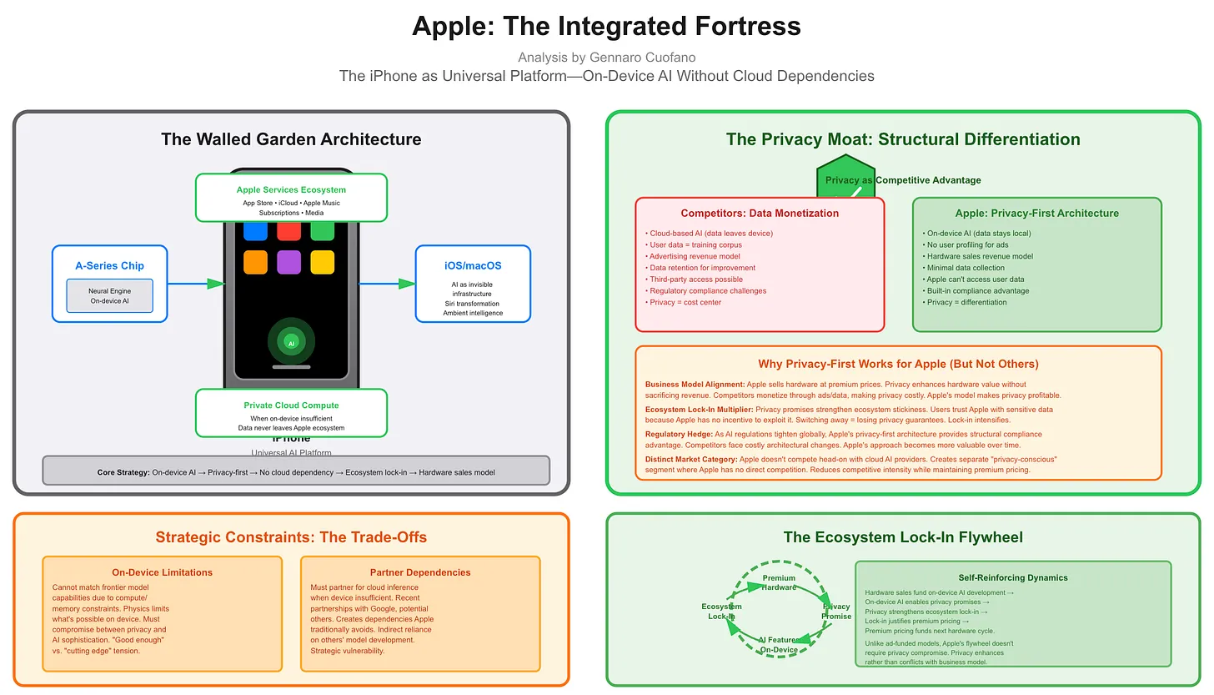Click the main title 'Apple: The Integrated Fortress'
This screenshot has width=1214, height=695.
click(x=606, y=26)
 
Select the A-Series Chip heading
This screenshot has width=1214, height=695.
click(x=109, y=265)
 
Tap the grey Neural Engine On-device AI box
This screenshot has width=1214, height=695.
click(x=109, y=295)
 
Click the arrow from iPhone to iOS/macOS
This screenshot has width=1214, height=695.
click(x=388, y=284)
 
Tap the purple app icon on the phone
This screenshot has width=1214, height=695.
click(x=288, y=262)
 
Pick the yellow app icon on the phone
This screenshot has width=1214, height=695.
click(x=322, y=262)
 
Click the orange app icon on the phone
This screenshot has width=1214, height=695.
click(x=255, y=262)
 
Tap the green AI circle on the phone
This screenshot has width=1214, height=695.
click(x=291, y=342)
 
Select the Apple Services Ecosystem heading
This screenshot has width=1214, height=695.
click(x=291, y=190)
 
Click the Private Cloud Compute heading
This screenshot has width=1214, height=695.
click(x=291, y=405)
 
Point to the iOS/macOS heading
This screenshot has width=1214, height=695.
click(x=473, y=265)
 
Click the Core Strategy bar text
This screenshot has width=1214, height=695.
click(x=296, y=472)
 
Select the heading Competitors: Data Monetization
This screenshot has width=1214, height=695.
click(x=760, y=214)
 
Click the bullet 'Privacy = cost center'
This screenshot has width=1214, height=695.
click(x=685, y=302)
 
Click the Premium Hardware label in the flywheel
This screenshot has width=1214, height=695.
click(x=779, y=582)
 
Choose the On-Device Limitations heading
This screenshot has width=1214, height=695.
click(x=162, y=572)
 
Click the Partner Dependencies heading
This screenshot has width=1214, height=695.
click(x=420, y=572)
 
